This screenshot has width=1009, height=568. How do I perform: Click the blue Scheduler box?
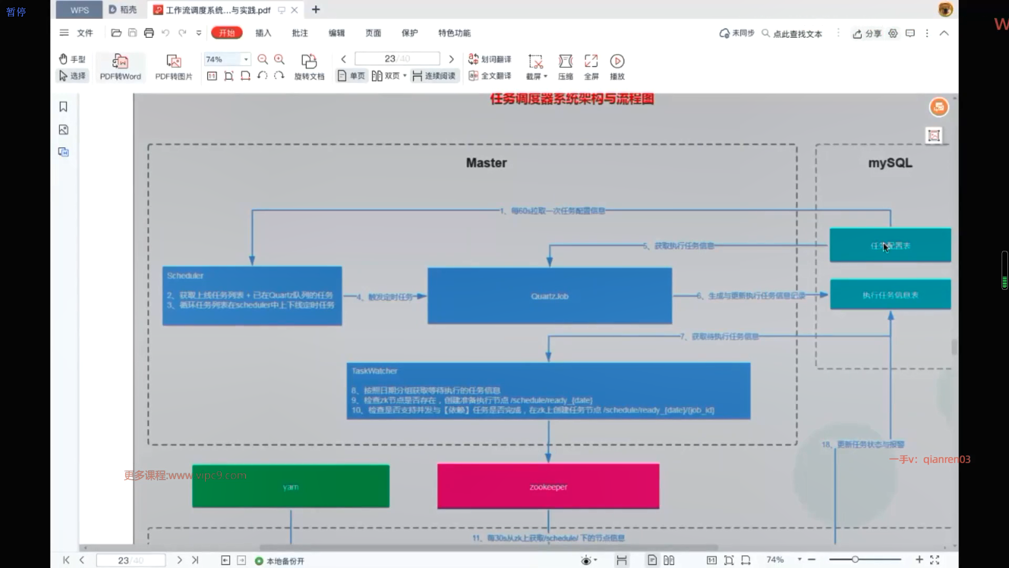pos(252,296)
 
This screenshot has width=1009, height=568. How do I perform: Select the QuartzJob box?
pos(549,296)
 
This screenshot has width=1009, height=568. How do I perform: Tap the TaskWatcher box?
pos(548,390)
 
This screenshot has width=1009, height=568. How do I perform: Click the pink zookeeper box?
pos(548,486)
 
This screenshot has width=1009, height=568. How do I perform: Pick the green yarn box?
pos(291,486)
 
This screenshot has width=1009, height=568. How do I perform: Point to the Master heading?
pos(486,163)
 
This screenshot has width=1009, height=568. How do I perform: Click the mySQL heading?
pos(890,163)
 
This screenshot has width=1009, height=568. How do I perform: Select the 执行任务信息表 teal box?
pos(890,295)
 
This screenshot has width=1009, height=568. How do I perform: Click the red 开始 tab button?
pos(226,33)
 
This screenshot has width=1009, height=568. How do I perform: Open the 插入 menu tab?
pos(263,33)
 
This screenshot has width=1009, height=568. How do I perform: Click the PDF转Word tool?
pos(120,67)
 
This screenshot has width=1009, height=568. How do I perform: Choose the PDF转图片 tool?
pos(173,67)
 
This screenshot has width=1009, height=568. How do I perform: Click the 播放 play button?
pos(617,67)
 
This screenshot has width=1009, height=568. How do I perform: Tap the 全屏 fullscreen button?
pos(591,67)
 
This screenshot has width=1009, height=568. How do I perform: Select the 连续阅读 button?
pos(434,76)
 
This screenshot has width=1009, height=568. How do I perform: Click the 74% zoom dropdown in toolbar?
pos(226,59)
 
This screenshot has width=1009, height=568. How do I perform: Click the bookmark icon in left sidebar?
pos(64,107)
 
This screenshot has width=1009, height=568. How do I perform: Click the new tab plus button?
pos(316,9)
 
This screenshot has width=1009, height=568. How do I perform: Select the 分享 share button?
pos(867,33)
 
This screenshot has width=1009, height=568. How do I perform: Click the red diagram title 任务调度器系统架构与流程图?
pos(572,99)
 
